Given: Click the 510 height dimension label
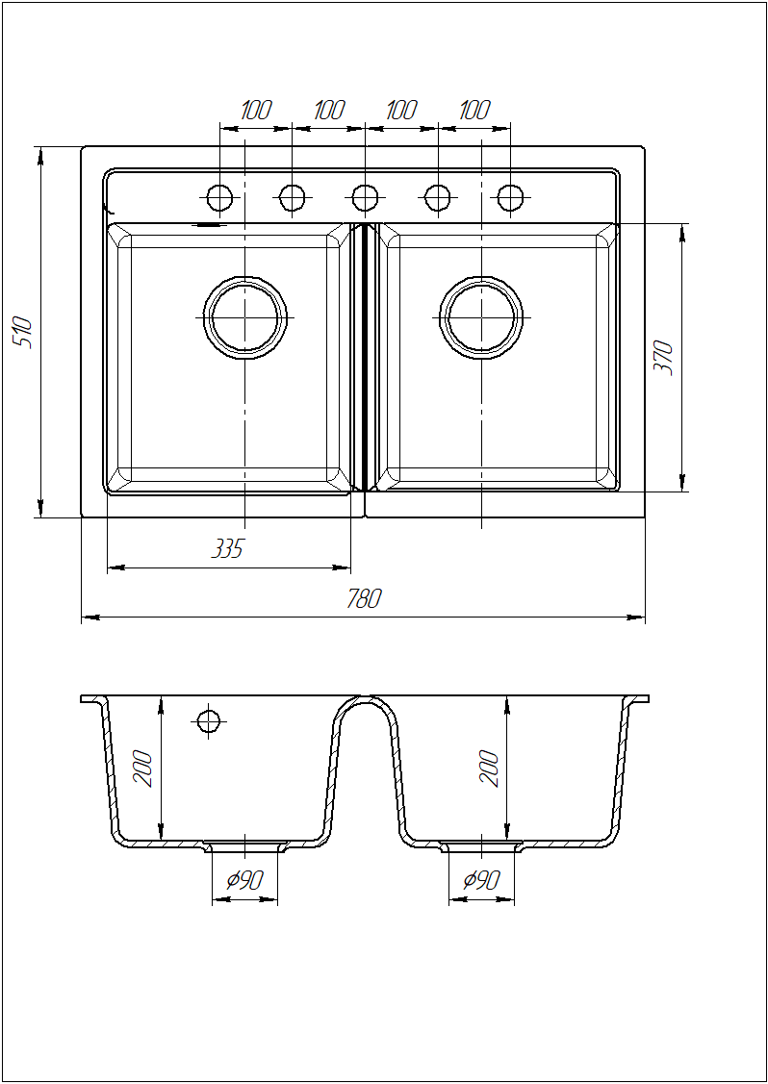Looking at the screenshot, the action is click(23, 333).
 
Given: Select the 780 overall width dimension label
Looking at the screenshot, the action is click(364, 598).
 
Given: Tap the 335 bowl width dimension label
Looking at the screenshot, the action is click(227, 549).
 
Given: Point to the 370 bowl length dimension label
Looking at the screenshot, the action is click(663, 357).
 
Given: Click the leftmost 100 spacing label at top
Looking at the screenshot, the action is click(256, 110).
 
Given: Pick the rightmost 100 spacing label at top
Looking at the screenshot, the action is click(474, 110).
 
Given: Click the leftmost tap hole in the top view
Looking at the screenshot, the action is click(220, 198).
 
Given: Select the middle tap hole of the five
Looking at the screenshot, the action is click(365, 198).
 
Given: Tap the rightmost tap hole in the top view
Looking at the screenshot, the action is click(510, 198).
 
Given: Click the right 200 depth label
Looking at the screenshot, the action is click(489, 767).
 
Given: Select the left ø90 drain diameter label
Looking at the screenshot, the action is click(244, 880).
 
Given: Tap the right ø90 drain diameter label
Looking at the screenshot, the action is click(481, 880).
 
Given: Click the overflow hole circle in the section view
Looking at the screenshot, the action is click(208, 721).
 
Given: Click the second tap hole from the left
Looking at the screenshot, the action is click(292, 198).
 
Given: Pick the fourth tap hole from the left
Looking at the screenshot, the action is click(437, 198).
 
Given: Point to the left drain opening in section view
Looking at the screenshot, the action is click(244, 846).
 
